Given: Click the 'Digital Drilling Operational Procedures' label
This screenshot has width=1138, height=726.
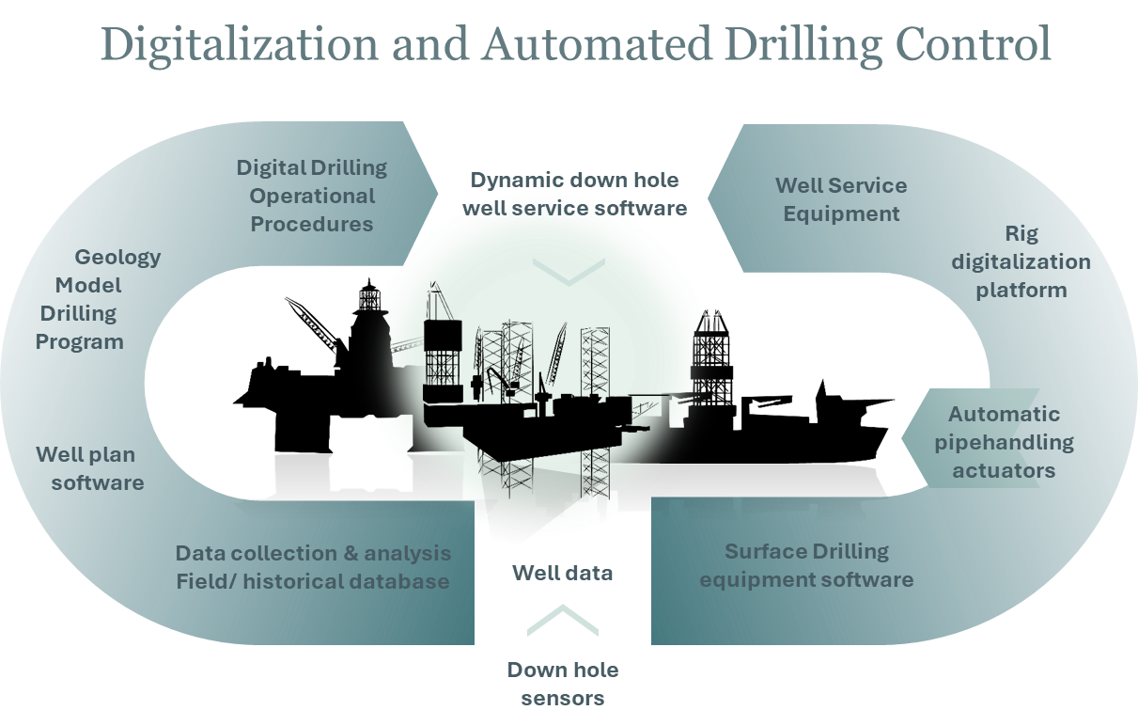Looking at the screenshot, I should click(311, 196).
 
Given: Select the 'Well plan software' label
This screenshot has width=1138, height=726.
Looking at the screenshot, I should click(90, 468).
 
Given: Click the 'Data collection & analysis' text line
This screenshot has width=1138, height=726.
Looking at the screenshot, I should click(313, 553).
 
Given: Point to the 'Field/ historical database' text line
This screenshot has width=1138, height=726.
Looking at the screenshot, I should click(313, 581).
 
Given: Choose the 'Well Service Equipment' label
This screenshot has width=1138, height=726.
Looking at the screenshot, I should click(841, 199).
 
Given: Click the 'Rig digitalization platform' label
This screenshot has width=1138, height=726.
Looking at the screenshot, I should click(1021, 261).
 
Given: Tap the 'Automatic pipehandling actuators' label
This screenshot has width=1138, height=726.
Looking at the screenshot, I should click(1004, 442).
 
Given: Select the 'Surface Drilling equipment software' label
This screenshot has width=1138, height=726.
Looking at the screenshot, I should click(806, 564).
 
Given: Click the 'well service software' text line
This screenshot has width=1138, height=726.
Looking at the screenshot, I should click(574, 208).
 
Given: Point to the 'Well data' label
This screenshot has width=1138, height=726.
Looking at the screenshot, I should click(562, 572).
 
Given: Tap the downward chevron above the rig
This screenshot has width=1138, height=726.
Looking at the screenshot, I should click(569, 273).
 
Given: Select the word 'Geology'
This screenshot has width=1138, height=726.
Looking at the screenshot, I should click(117, 257).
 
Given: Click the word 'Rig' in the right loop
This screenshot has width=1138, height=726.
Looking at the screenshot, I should click(1021, 233).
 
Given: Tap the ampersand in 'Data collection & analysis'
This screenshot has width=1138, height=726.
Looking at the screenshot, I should click(347, 553).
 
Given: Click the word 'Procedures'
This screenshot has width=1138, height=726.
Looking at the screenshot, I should click(311, 224).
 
